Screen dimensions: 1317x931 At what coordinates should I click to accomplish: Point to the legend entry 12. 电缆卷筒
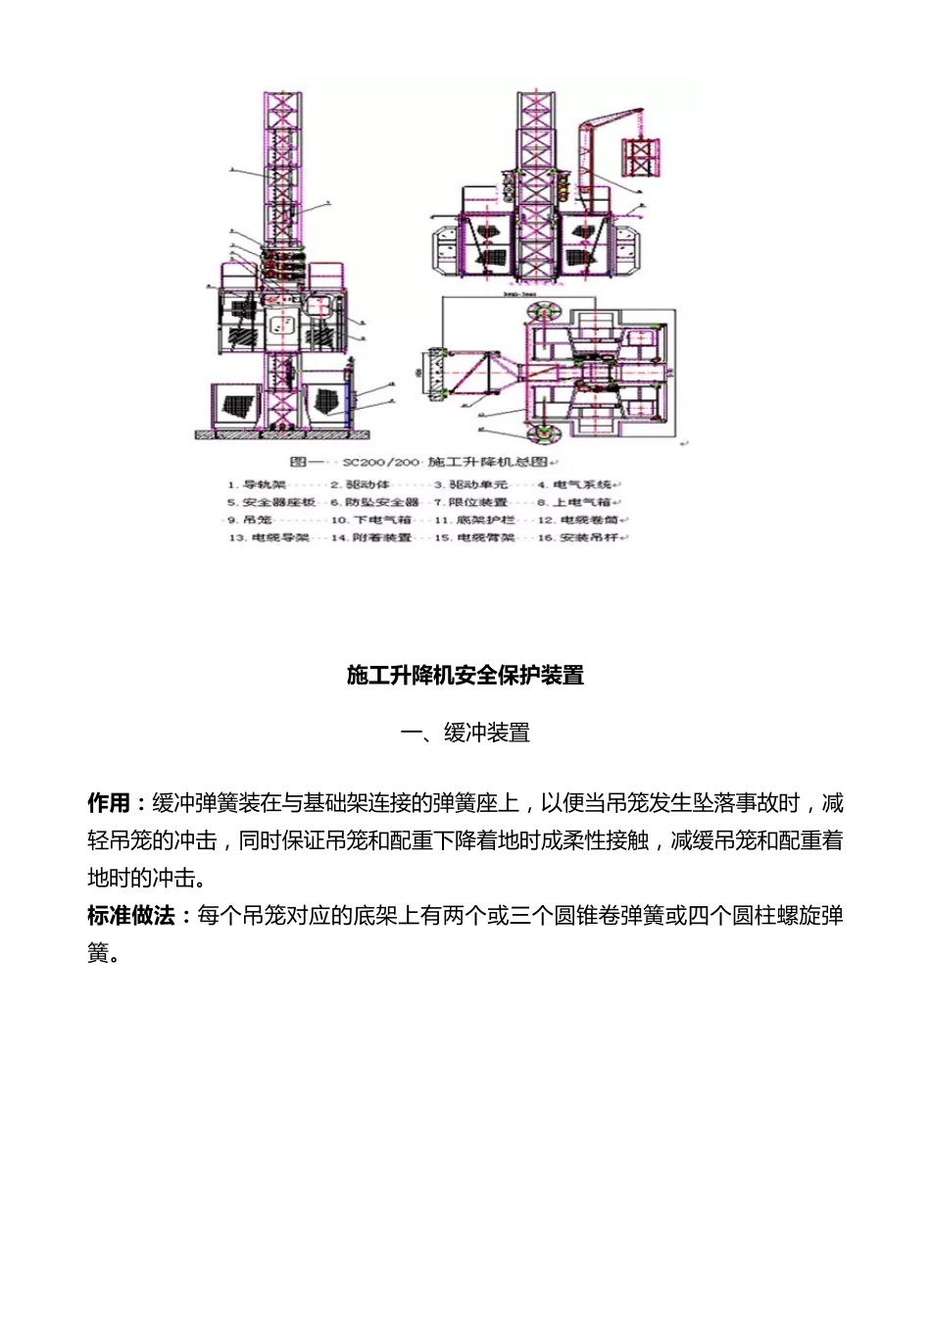click(x=582, y=520)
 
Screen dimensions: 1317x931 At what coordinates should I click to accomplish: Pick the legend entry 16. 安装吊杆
click(x=582, y=537)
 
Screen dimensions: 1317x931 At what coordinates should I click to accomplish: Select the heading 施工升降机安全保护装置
click(x=465, y=675)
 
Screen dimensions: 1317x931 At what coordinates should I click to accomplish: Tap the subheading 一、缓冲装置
click(x=465, y=733)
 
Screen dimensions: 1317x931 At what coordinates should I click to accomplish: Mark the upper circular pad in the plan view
click(x=540, y=312)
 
